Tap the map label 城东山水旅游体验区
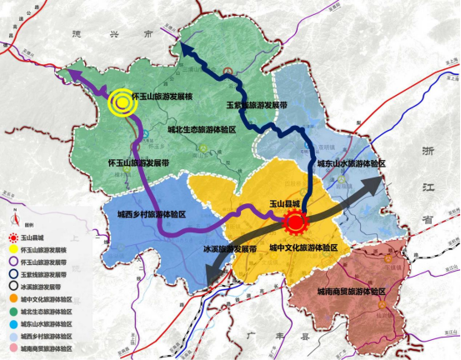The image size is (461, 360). (x=351, y=164)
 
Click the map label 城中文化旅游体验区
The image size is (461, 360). (x=304, y=247)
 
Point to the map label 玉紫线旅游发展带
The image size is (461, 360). (x=258, y=106)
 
